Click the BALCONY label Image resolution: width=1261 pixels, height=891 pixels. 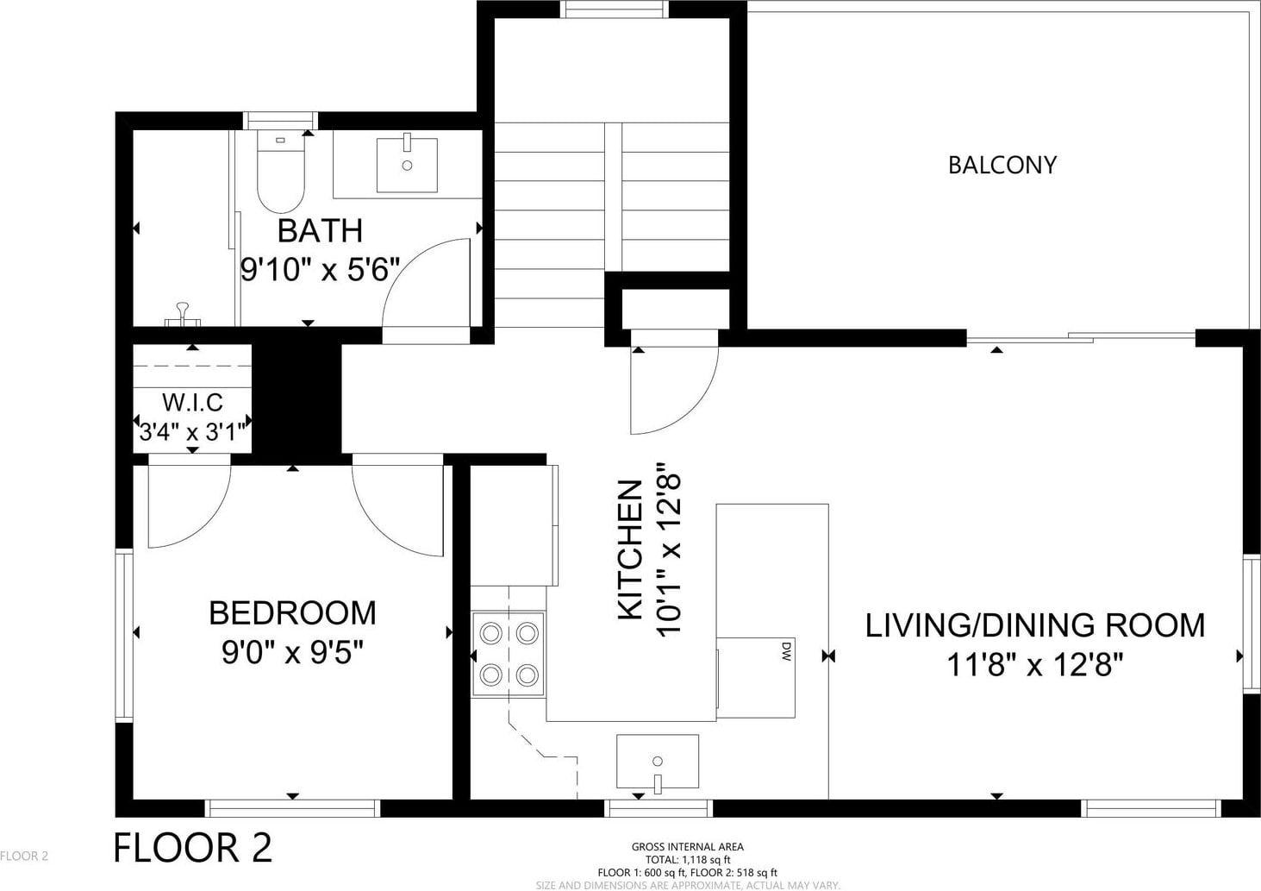(x=1002, y=165)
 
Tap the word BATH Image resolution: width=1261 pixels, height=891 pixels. (x=320, y=231)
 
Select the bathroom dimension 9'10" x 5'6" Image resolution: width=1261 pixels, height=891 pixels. (x=320, y=269)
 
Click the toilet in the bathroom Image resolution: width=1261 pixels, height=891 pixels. (x=281, y=172)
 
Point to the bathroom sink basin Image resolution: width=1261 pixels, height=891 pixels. (x=407, y=165)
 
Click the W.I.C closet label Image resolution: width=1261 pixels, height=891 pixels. (x=192, y=402)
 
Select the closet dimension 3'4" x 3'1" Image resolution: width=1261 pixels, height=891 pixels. (x=192, y=432)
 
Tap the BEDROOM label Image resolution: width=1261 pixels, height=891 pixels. (x=292, y=613)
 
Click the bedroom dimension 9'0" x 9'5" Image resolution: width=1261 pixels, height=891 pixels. (x=292, y=652)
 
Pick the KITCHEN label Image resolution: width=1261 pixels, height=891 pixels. (x=630, y=549)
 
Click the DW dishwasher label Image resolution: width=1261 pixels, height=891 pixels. (x=786, y=651)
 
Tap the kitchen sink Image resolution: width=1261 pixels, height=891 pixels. (x=658, y=762)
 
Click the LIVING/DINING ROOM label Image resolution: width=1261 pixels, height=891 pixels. (x=1034, y=625)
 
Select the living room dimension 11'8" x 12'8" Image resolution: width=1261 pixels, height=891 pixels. (x=1034, y=665)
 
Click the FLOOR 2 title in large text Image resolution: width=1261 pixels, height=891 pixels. (x=192, y=848)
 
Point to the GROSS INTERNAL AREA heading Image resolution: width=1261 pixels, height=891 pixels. (x=687, y=846)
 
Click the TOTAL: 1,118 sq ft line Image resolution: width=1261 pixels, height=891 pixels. (x=687, y=859)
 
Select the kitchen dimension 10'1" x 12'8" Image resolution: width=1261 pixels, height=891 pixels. (x=669, y=549)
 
